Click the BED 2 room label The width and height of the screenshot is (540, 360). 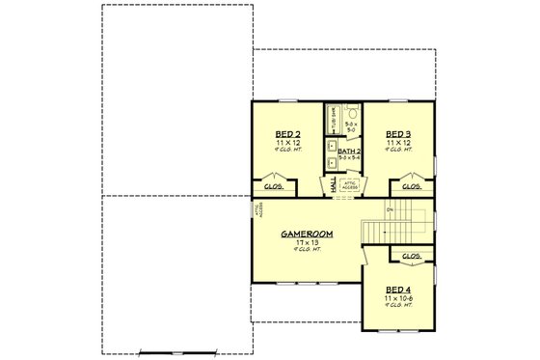tap(285, 133)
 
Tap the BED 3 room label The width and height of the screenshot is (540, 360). tap(398, 133)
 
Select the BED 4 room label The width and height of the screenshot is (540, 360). tap(398, 290)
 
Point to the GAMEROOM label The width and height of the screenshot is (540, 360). tap(307, 235)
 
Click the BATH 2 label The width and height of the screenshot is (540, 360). tap(350, 151)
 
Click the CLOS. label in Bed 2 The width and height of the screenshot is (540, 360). tap(274, 185)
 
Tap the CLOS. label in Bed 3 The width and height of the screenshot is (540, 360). tap(411, 185)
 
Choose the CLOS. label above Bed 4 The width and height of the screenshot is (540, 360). tap(412, 257)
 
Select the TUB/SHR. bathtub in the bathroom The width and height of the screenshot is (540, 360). tap(332, 121)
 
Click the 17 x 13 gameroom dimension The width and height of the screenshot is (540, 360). tap(307, 242)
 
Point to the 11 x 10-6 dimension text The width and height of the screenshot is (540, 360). tap(398, 298)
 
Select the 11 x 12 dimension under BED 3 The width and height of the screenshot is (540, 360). tap(398, 142)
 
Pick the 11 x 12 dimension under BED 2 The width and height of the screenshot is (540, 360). tap(285, 142)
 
